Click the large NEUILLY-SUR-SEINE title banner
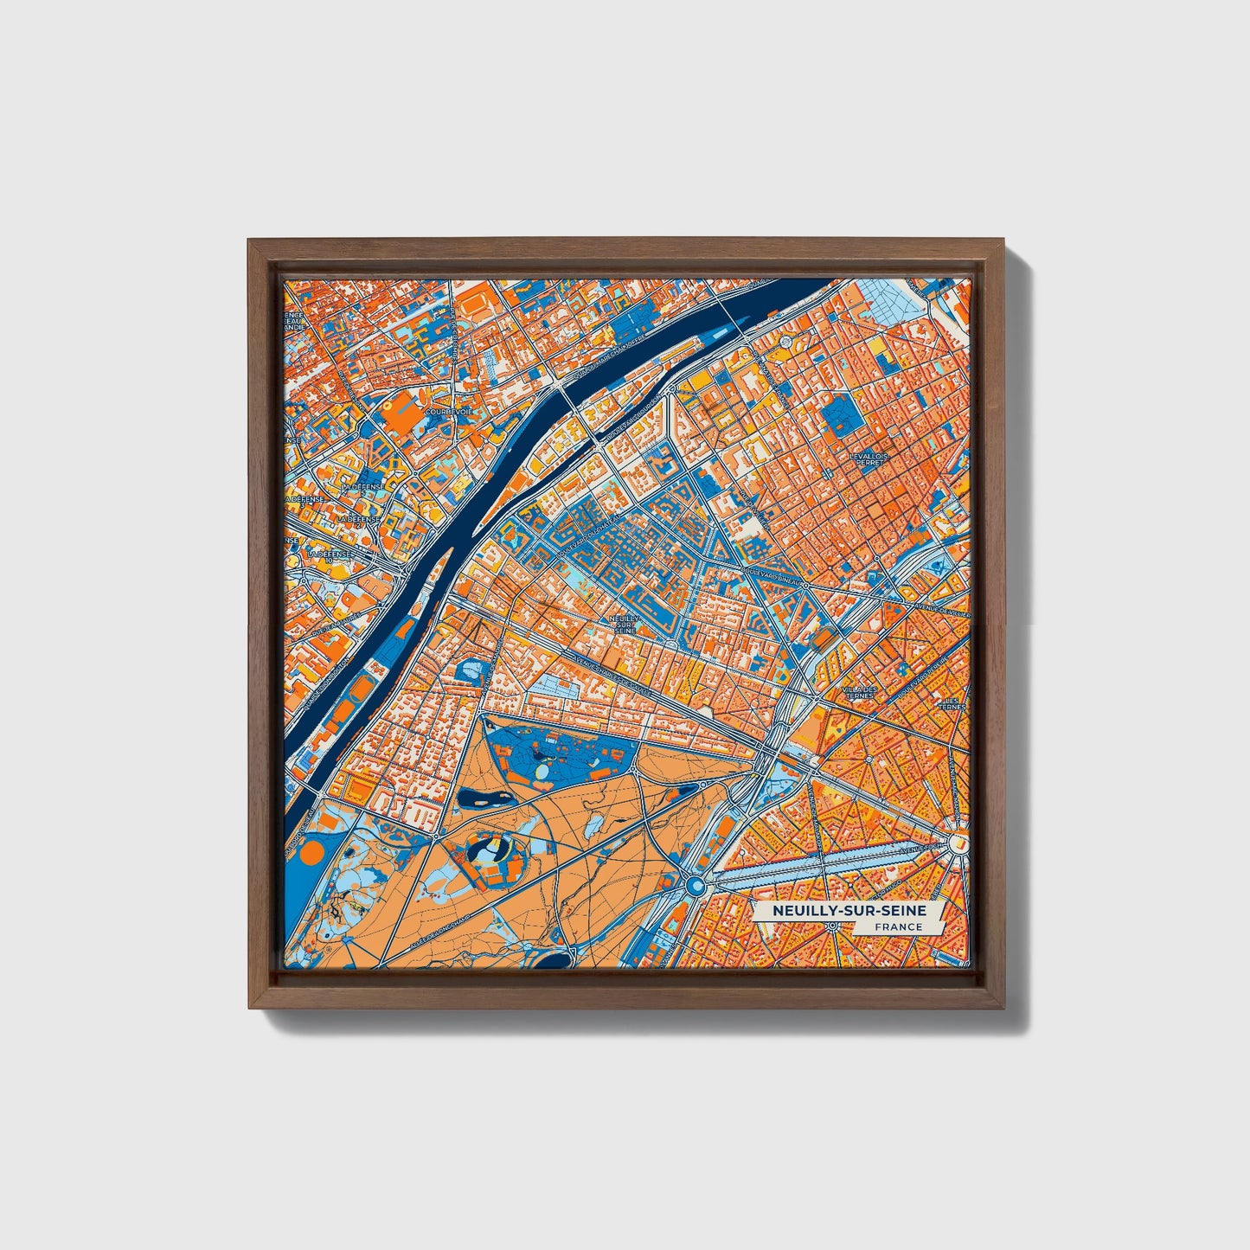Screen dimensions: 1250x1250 point(849,911)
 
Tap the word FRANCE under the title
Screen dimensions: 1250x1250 point(897,927)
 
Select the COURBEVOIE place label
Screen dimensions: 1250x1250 point(453,413)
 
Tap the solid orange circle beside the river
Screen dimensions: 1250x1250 point(310,854)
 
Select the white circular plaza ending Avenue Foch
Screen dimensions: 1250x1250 point(958,842)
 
